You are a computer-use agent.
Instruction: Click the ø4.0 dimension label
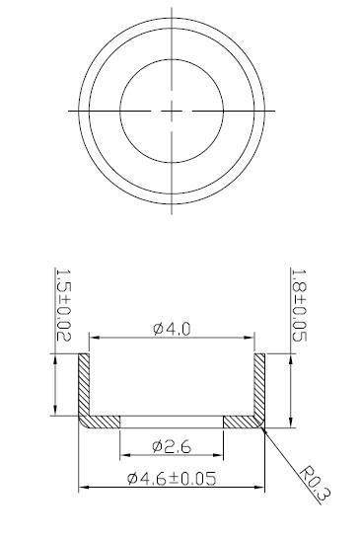(172, 330)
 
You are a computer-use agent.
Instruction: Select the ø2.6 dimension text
(172, 447)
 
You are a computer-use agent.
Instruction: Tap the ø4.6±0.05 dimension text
(172, 479)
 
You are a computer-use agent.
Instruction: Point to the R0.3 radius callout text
(316, 483)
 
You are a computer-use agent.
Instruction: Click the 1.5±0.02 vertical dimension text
(63, 305)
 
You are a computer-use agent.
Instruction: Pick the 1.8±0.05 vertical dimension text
(299, 305)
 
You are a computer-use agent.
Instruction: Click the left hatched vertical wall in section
(84, 385)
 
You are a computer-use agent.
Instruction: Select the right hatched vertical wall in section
(259, 385)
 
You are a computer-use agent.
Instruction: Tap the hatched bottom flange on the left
(103, 423)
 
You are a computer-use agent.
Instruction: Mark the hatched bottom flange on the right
(242, 423)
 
